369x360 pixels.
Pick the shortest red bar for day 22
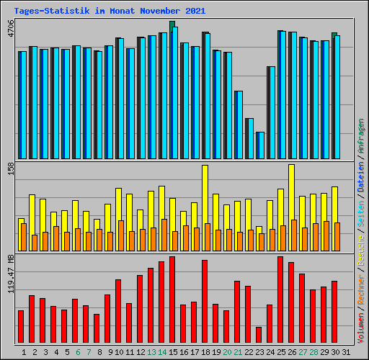(259, 335)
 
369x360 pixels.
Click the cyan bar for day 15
(174, 93)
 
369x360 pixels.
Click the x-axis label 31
(345, 352)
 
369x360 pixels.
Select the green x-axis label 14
(161, 352)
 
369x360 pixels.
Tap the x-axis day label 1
(25, 352)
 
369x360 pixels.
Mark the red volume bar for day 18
(205, 301)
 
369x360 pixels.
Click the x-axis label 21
(237, 352)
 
